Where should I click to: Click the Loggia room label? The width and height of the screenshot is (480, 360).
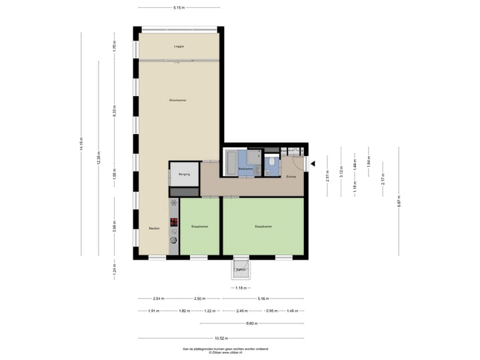pyautogui.click(x=179, y=46)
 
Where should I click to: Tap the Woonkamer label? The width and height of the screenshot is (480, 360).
pyautogui.click(x=178, y=100)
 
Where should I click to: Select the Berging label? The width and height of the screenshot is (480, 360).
pyautogui.click(x=184, y=174)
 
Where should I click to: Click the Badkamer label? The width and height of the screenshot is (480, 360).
pyautogui.click(x=246, y=169)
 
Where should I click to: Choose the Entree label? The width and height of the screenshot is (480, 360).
pyautogui.click(x=291, y=177)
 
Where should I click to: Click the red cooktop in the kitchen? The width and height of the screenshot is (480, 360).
pyautogui.click(x=174, y=223)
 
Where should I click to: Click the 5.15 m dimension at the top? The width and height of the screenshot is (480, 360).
pyautogui.click(x=179, y=7)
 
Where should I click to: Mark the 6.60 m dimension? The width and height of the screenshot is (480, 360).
pyautogui.click(x=251, y=324)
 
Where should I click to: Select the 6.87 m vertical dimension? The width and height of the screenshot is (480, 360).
pyautogui.click(x=399, y=202)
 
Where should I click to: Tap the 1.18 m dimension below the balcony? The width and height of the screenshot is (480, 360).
pyautogui.click(x=241, y=288)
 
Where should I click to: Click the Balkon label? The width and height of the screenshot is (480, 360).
pyautogui.click(x=241, y=269)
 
